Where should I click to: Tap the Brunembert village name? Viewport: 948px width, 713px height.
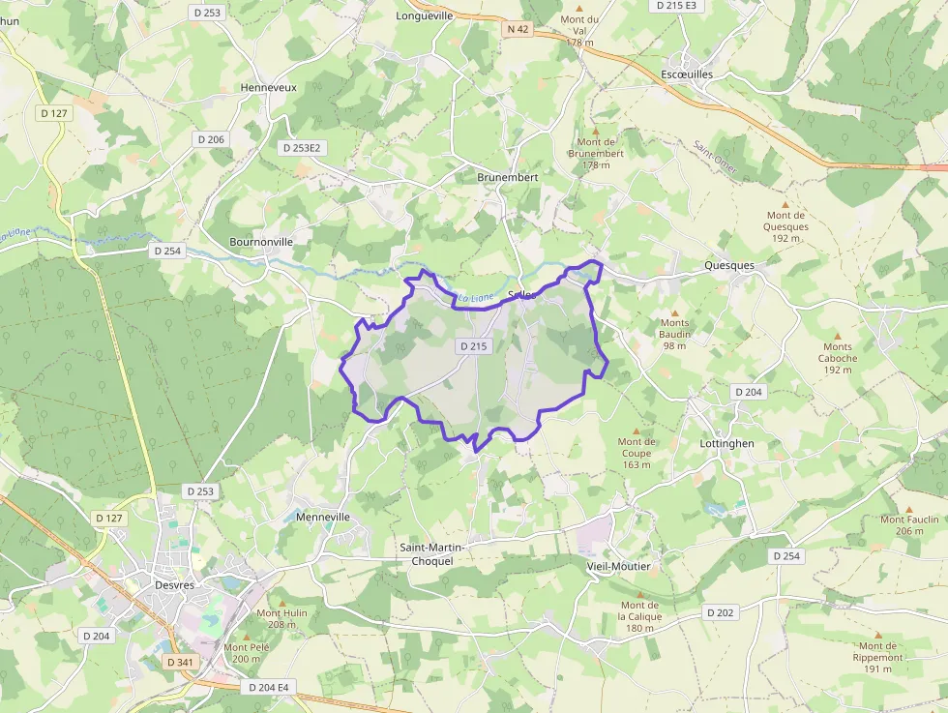click(x=507, y=177)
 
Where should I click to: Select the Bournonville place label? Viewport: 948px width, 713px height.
click(x=261, y=241)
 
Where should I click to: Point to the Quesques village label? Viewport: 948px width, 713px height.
click(x=728, y=265)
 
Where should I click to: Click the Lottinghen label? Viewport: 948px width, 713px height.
click(x=726, y=443)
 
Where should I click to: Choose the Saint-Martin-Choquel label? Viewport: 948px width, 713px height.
click(x=432, y=554)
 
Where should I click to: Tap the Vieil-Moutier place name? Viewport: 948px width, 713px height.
click(x=619, y=565)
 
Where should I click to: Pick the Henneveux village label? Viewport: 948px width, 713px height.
click(x=268, y=87)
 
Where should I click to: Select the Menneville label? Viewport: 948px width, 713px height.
click(x=323, y=517)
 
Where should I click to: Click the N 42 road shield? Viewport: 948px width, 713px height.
click(x=518, y=29)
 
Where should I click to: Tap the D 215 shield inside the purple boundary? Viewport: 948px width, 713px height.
click(x=474, y=345)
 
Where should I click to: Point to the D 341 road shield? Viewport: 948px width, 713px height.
click(x=180, y=662)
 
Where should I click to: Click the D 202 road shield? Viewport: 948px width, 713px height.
click(x=720, y=612)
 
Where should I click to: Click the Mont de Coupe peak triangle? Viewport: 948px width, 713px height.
click(x=636, y=431)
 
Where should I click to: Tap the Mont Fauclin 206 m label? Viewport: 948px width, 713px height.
click(x=909, y=524)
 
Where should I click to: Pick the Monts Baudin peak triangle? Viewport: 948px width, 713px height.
click(x=675, y=312)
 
